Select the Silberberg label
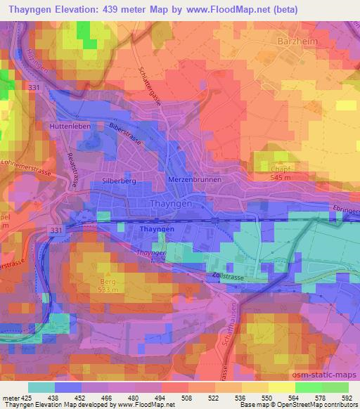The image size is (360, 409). coord(118,180)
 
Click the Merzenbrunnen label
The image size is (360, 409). coord(195,179)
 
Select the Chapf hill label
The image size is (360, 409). coord(281,169)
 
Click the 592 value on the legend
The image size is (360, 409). coord(345,397)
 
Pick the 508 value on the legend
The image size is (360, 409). coord(167,397)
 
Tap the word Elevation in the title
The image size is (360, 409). coord(80,10)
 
